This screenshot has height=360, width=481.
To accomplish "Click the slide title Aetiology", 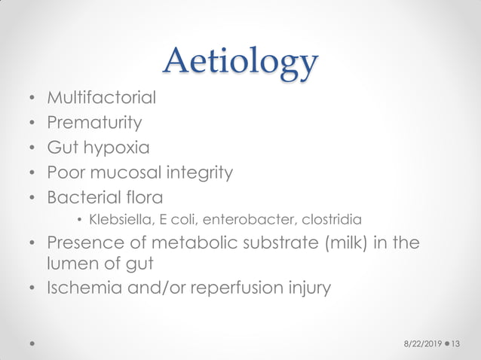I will click(x=240, y=61).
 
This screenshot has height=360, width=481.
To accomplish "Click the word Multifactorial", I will click(x=102, y=97).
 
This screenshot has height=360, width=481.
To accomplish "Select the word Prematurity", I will click(x=94, y=121).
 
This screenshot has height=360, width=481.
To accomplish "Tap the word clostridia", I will click(x=332, y=220).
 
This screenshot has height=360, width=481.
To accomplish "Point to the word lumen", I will click(x=70, y=264).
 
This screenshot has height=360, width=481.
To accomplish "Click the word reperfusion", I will click(x=242, y=288).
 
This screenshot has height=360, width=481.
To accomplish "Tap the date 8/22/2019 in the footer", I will click(x=420, y=343).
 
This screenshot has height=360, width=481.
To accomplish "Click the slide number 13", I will click(x=455, y=343).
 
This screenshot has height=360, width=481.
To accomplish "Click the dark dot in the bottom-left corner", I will click(x=32, y=343).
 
